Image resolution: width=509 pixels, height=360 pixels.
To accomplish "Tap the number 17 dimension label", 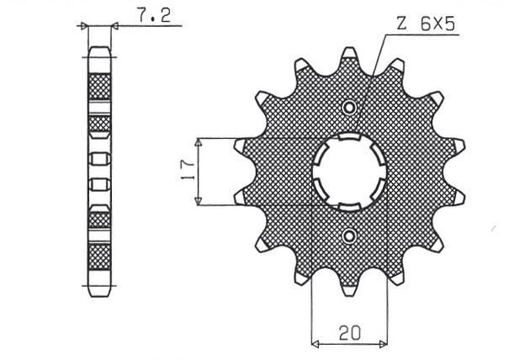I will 189,171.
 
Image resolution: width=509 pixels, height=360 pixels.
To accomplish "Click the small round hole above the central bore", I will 350,107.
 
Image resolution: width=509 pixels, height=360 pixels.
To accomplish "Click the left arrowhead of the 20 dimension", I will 316,343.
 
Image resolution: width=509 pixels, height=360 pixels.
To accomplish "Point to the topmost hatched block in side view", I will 99,86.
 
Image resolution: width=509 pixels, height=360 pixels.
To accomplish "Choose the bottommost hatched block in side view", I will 99,257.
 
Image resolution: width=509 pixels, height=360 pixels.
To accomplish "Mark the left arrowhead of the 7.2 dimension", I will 84,26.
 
